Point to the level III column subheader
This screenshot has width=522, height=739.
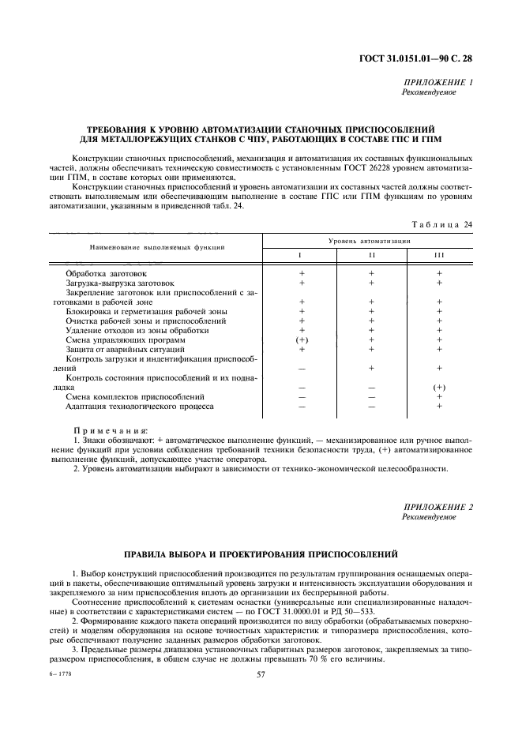(x=439, y=254)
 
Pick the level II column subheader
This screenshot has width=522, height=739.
(x=370, y=254)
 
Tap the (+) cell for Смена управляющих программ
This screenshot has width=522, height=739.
(x=302, y=339)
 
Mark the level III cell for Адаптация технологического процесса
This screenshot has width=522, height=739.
(x=439, y=406)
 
